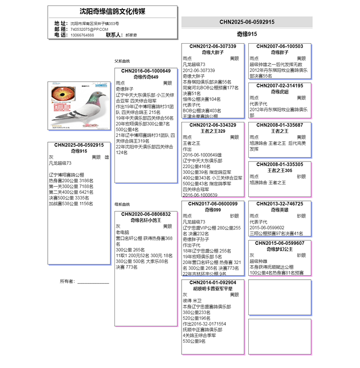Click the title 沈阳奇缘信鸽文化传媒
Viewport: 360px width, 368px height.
(112, 11)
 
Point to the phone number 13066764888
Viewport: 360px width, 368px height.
(82, 35)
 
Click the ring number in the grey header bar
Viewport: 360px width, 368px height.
(247, 22)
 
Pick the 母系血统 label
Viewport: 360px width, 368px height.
(122, 204)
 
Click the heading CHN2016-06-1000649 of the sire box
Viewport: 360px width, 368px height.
(146, 71)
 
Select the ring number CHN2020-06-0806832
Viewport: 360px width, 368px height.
(146, 214)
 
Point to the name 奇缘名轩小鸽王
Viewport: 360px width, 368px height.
(146, 220)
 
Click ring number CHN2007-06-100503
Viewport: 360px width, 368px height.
(280, 46)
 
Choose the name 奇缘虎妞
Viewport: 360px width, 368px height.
(280, 92)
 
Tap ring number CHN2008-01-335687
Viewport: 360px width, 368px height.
(280, 125)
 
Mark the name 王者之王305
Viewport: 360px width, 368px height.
(280, 171)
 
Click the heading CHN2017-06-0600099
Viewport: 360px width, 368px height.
(212, 203)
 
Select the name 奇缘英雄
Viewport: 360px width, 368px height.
(280, 210)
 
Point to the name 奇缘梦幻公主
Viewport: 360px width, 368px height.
(280, 249)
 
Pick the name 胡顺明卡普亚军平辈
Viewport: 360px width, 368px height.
(212, 289)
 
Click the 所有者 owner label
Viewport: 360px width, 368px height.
(67, 281)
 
